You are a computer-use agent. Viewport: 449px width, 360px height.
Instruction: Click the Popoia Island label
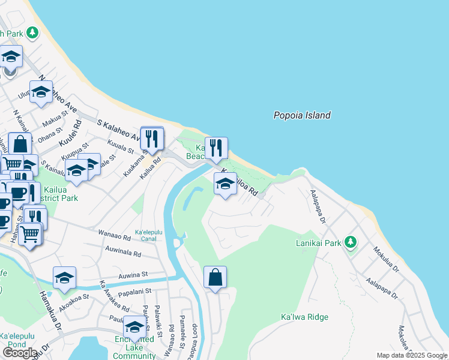pyautogui.click(x=302, y=115)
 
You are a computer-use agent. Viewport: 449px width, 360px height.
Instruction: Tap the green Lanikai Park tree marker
pyautogui.click(x=351, y=243)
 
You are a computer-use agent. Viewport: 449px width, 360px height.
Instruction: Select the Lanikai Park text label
pyautogui.click(x=318, y=244)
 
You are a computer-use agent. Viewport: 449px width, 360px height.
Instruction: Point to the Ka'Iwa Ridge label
pyautogui.click(x=304, y=317)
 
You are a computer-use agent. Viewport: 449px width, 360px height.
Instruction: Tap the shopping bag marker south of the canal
pyautogui.click(x=215, y=278)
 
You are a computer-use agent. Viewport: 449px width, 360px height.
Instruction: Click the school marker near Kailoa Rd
pyautogui.click(x=225, y=184)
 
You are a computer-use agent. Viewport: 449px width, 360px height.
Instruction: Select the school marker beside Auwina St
pyautogui.click(x=64, y=278)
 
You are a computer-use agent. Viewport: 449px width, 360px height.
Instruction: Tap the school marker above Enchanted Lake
pyautogui.click(x=134, y=328)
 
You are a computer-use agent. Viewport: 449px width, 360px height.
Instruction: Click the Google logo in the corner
pyautogui.click(x=19, y=353)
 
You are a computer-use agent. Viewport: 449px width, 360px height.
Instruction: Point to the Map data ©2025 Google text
pyautogui.click(x=411, y=355)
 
